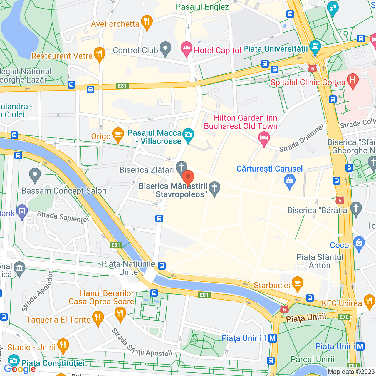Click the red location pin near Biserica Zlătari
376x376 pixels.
[x=188, y=178]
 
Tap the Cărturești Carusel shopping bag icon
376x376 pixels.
[x=290, y=180]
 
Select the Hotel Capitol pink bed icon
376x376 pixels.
[x=186, y=49]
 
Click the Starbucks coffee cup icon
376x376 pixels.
[x=298, y=284]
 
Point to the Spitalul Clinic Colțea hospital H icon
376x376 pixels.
[x=352, y=80]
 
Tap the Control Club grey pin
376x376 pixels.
[x=165, y=49]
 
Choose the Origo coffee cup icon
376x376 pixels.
[x=118, y=135]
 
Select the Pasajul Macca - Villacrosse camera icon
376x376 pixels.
[x=188, y=135]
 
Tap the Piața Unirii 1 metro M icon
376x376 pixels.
[x=273, y=338]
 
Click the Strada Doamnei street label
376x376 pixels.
[x=301, y=138]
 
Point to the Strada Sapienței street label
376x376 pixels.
[x=63, y=217]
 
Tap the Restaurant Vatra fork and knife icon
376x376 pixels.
[x=100, y=54]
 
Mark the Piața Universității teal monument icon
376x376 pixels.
[x=315, y=47]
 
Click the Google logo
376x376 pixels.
[x=20, y=369]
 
